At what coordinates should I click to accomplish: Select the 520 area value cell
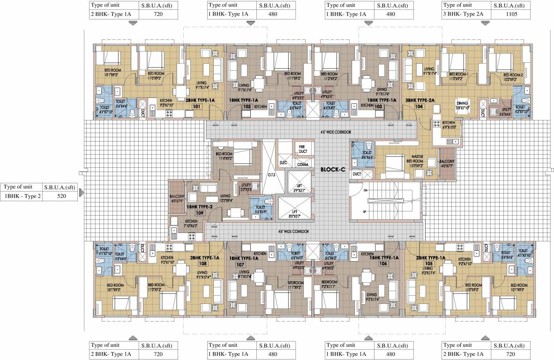tap(60, 196)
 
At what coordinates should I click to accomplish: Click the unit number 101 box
tap(197, 106)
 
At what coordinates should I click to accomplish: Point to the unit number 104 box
tap(419, 106)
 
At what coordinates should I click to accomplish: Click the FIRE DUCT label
tap(303, 149)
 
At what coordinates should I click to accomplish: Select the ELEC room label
tap(283, 163)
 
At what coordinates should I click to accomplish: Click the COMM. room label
tap(303, 165)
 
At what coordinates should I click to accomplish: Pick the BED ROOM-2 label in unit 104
tap(512, 75)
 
